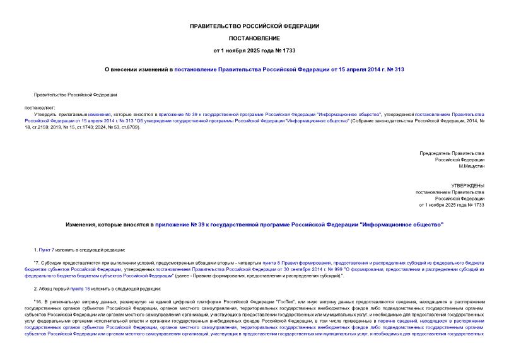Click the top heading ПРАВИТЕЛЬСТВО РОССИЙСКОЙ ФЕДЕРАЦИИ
pos(254,26)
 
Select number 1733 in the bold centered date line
pos(288,49)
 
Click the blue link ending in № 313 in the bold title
pos(290,69)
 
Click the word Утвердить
pos(44,114)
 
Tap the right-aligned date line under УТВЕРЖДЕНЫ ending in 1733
pos(451,205)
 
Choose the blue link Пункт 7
pos(44,250)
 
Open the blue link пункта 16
pos(77,288)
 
